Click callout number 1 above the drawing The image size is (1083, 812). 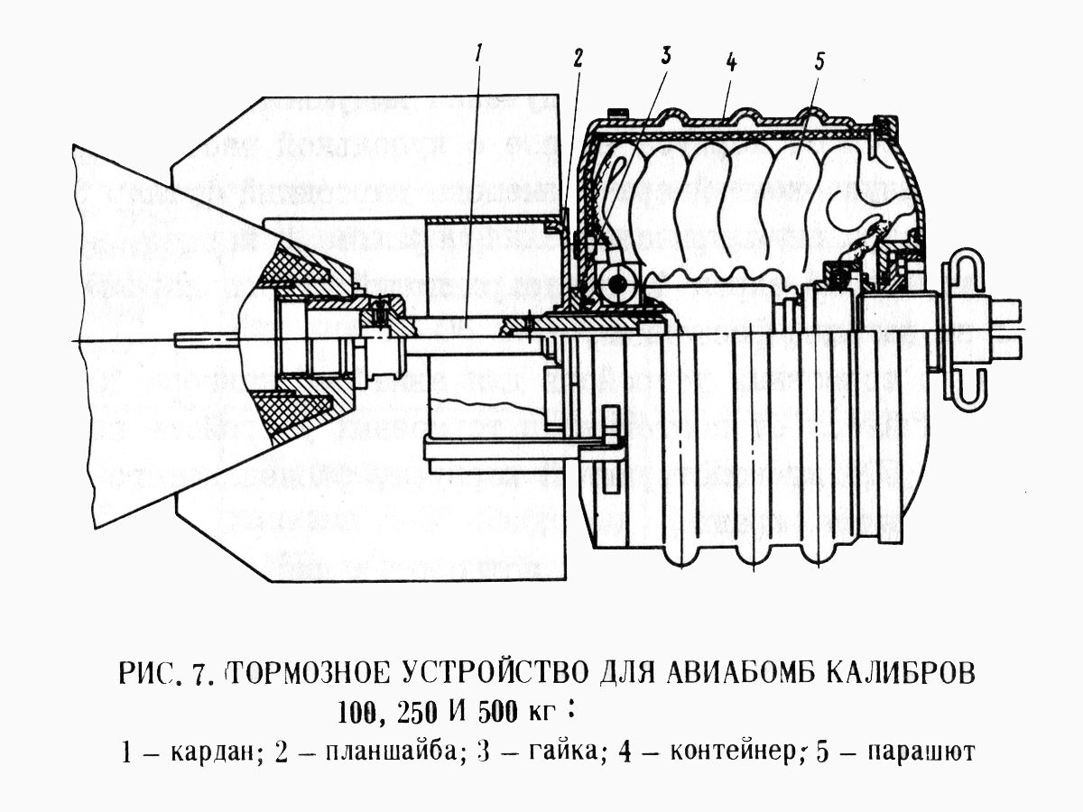point(482,52)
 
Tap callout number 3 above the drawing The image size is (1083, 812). point(666,55)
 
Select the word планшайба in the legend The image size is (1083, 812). point(392,752)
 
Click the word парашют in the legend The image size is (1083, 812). point(921,752)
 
